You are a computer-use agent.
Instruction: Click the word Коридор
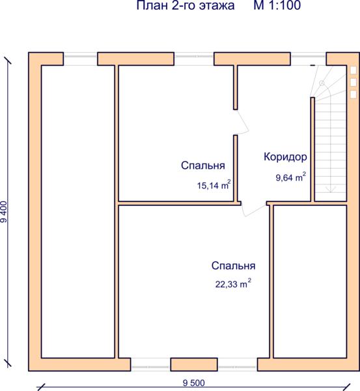pyautogui.click(x=285, y=157)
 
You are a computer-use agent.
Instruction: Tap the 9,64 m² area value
pyautogui.click(x=291, y=177)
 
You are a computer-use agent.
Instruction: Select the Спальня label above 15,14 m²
pyautogui.click(x=203, y=166)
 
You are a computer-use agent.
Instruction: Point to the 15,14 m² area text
pyautogui.click(x=214, y=184)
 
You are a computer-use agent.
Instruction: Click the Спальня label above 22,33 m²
pyautogui.click(x=234, y=266)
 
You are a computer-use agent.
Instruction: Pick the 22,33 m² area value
pyautogui.click(x=233, y=283)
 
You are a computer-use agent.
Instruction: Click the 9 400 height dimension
pyautogui.click(x=5, y=211)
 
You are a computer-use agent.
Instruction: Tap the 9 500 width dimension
pyautogui.click(x=194, y=383)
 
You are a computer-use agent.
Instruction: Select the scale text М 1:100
pyautogui.click(x=277, y=5)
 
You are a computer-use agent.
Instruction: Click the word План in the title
pyautogui.click(x=152, y=5)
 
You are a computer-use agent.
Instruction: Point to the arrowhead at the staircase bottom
pyautogui.click(x=330, y=190)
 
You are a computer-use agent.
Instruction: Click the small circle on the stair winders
pyautogui.click(x=322, y=83)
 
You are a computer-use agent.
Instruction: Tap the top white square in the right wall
pyautogui.click(x=353, y=70)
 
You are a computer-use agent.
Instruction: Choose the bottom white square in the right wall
pyautogui.click(x=353, y=94)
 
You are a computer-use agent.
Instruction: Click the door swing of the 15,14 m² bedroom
pyautogui.click(x=242, y=123)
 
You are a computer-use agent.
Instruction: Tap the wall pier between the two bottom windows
pyautogui.click(x=194, y=364)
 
